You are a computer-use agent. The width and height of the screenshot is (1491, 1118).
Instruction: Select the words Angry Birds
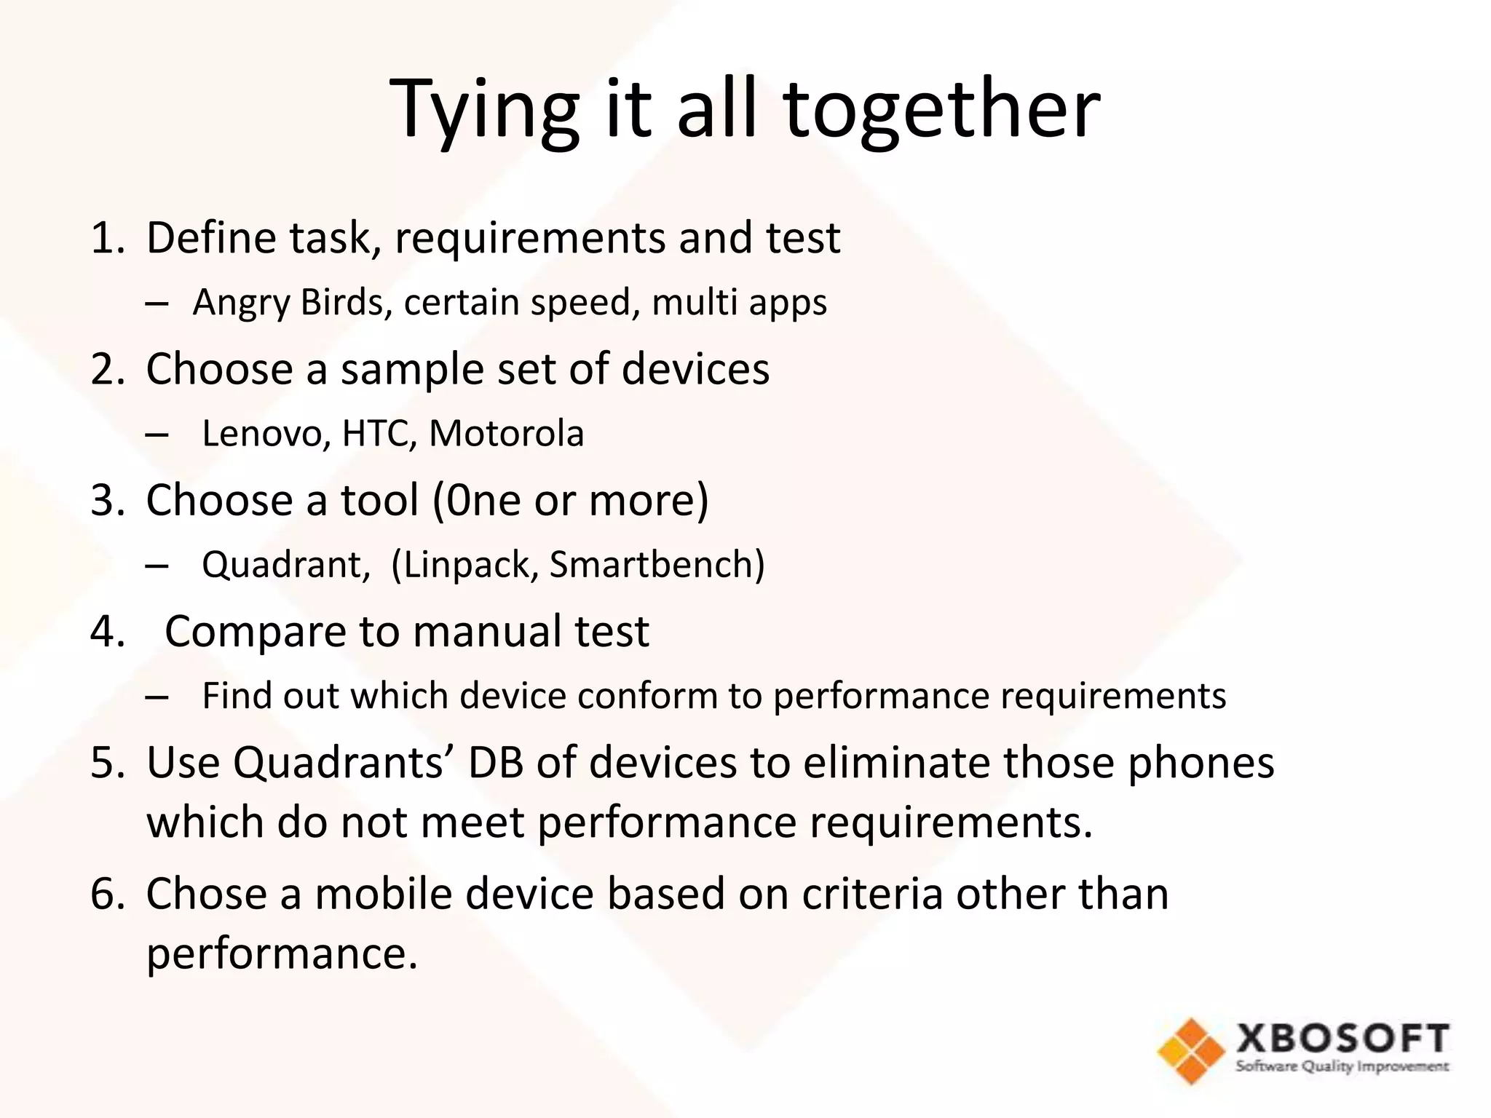288,302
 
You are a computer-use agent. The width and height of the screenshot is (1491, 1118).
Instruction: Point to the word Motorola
507,434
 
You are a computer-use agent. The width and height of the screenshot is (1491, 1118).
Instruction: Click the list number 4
107,632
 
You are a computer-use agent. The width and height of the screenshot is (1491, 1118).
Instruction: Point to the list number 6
107,895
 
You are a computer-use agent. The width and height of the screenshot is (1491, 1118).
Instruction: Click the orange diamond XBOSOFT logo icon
1191,1050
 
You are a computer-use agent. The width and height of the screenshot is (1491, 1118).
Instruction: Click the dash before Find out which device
157,697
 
